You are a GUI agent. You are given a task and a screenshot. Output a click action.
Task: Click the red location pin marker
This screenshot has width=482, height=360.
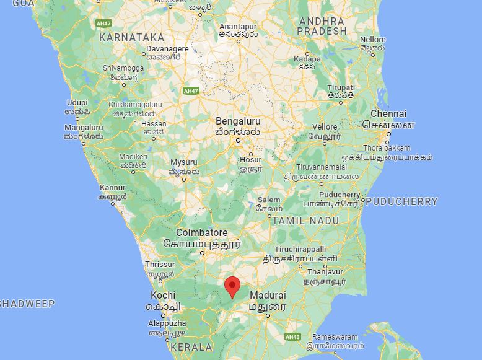[232, 286]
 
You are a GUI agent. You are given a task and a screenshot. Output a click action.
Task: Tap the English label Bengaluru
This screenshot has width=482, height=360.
[239, 121]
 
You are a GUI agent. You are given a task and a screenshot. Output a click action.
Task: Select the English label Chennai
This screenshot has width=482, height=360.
[388, 114]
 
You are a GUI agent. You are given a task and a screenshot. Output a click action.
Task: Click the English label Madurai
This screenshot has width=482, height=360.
[267, 295]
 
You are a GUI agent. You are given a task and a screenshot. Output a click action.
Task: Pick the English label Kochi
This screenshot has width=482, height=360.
[163, 296]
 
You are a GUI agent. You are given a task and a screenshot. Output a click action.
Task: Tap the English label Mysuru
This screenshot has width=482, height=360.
[184, 162]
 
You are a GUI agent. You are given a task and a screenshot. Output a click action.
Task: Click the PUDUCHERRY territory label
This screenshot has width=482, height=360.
[401, 201]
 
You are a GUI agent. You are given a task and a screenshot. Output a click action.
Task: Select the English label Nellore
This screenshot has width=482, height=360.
[372, 40]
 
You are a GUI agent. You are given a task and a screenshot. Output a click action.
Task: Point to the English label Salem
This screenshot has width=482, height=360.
[269, 200]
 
